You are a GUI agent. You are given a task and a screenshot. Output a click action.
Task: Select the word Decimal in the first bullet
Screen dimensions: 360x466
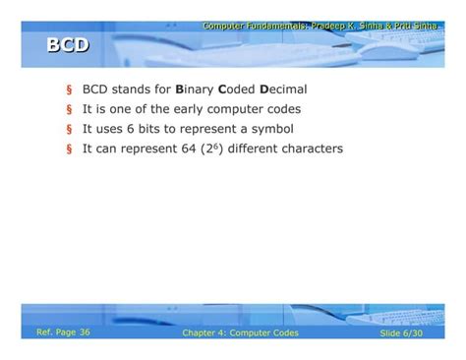tap(284, 89)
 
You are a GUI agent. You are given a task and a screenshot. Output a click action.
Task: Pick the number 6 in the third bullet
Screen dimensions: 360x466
tap(156, 129)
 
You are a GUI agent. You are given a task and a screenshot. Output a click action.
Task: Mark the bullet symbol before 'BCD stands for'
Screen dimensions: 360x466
tap(69, 90)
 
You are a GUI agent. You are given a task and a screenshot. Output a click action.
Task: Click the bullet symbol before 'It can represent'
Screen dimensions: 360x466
tap(69, 150)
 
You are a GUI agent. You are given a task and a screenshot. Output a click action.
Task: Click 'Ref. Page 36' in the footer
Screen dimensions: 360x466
tap(63, 332)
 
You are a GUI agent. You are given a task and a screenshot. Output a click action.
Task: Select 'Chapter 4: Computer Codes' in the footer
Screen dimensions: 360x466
tap(240, 333)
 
